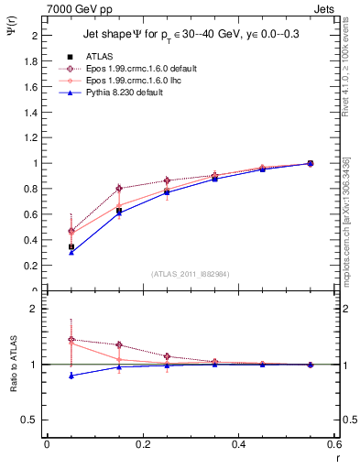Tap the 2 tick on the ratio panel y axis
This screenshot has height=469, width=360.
(35, 309)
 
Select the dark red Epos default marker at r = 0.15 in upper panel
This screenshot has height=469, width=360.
(119, 189)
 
